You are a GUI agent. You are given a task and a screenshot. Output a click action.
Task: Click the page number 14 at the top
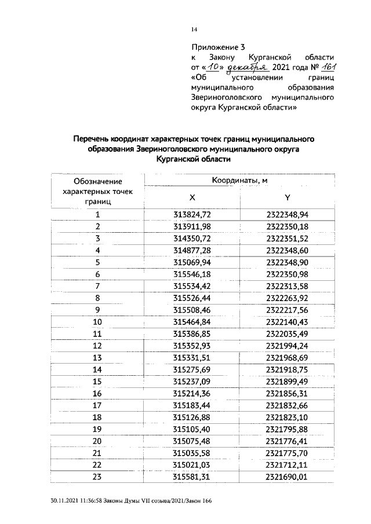click(x=195, y=30)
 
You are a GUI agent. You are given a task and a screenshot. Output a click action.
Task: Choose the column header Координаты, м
click(x=239, y=180)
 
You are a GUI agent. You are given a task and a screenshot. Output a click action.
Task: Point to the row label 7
click(x=98, y=285)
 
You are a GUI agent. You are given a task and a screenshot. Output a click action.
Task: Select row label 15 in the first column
click(x=97, y=381)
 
